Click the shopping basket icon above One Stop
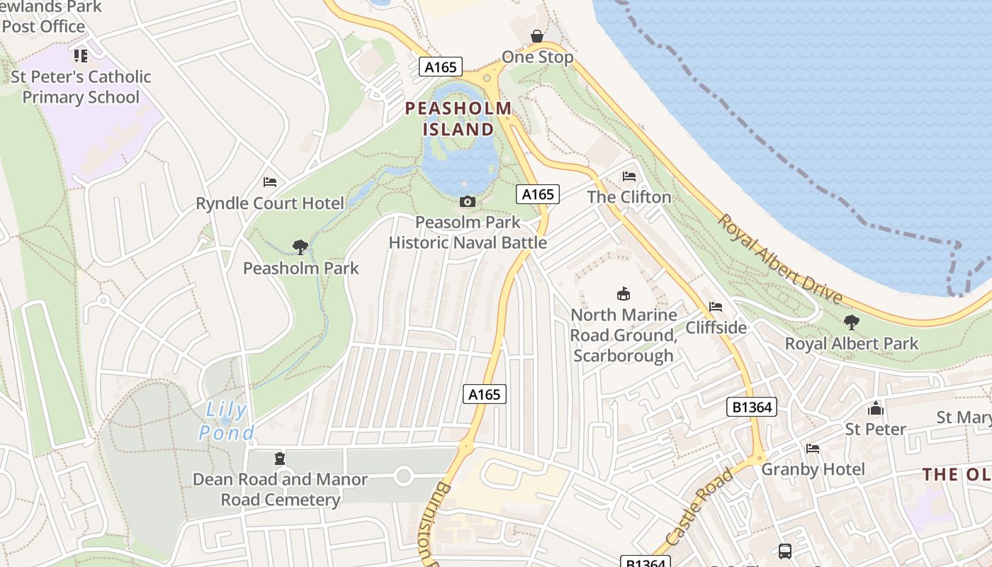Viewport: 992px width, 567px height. point(538,35)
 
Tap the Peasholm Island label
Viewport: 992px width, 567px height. point(458,119)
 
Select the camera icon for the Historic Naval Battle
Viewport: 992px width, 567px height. point(467,202)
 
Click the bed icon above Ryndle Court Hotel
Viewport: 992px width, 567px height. point(269,183)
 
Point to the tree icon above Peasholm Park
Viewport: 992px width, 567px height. point(300,247)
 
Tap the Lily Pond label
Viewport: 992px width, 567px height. point(226,421)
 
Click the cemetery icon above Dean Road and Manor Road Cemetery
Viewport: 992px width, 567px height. point(280,459)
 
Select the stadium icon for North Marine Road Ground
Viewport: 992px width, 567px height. point(624,293)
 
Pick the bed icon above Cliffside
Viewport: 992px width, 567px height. point(716,307)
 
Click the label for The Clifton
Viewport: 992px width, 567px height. point(629,197)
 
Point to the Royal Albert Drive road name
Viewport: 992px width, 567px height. point(779,259)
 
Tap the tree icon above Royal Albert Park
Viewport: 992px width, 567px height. point(852,322)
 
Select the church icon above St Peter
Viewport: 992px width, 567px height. point(876,408)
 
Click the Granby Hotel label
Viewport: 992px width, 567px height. point(813,469)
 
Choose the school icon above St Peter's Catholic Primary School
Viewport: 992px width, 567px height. point(81,55)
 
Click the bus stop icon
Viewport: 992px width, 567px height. point(784,551)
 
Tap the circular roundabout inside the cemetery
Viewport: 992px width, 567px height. point(403,476)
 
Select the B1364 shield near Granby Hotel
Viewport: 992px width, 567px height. point(751,407)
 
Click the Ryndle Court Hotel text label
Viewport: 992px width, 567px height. point(270,203)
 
